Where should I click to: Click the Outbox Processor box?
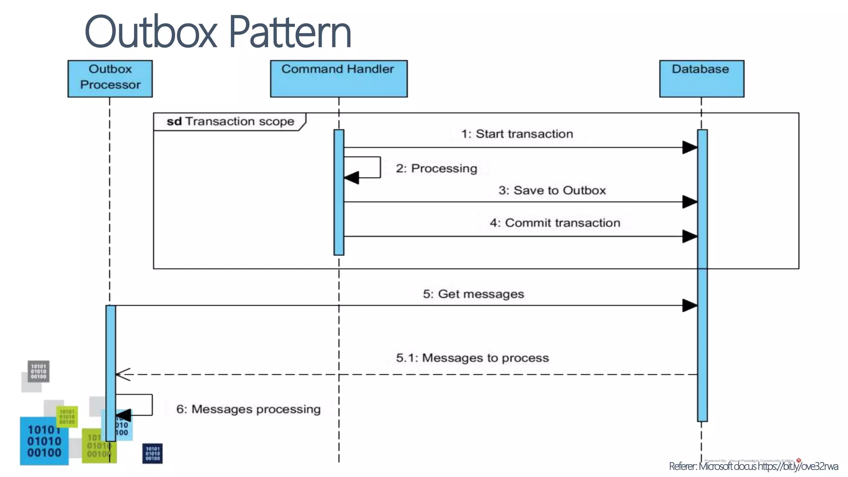coord(110,79)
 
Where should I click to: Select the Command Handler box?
coord(338,79)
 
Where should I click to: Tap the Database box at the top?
coord(701,79)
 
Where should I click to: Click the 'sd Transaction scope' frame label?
coord(230,121)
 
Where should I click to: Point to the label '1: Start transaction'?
coord(517,134)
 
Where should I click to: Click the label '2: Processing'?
coord(436,169)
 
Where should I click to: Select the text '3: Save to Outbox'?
coord(552,190)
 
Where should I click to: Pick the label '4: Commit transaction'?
coord(555,223)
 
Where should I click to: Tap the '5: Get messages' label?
coord(473,294)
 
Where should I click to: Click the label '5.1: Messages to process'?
coord(472,358)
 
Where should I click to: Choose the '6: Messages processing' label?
coord(248,409)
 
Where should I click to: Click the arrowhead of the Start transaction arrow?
coord(689,147)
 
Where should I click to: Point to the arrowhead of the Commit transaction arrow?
coord(689,236)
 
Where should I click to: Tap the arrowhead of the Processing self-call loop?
coord(351,178)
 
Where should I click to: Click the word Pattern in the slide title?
coord(289,32)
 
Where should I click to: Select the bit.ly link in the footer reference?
coord(797,467)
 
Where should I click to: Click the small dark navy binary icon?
coord(152,453)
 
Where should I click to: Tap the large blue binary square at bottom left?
coord(44,441)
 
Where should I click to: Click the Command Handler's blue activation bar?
coord(339,192)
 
